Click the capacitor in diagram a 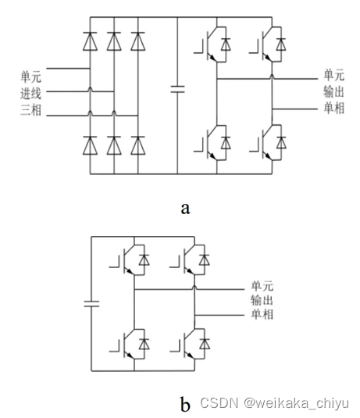coord(177,91)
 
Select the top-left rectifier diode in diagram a coord(90,39)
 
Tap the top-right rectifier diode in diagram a coord(138,39)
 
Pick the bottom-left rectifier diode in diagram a coord(90,144)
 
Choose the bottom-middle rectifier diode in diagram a coord(114,144)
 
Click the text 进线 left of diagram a coord(30,94)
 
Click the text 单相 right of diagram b coord(262,316)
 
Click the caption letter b coord(185,404)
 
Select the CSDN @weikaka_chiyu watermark coord(274,403)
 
